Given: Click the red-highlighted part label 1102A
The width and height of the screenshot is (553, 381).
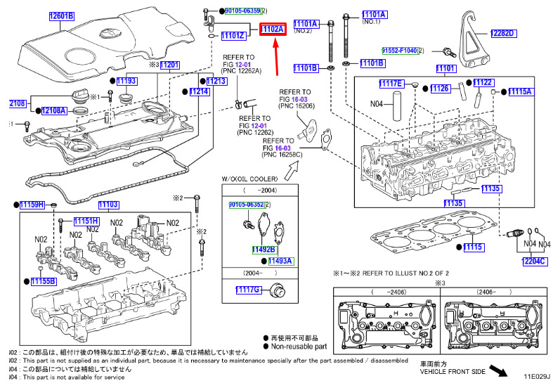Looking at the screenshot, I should click(x=272, y=30).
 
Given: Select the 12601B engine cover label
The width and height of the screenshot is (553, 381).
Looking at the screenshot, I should click(x=61, y=16).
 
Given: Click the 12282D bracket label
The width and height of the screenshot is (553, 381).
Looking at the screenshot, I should click(x=502, y=33).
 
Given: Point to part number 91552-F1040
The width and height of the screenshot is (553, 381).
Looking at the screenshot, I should click(x=399, y=51).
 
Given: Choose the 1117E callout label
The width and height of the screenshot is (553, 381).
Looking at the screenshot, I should click(x=391, y=84).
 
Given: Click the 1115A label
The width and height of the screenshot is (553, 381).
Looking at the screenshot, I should click(x=521, y=92).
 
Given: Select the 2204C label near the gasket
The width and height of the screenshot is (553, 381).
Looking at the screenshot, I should click(x=534, y=261).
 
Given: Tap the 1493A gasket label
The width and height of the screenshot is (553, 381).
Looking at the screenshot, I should click(x=280, y=261).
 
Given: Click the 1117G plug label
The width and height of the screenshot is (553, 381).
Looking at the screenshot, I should click(x=247, y=290).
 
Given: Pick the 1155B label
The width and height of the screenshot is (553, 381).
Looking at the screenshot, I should click(x=43, y=281).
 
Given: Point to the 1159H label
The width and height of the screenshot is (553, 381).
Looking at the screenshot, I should click(x=32, y=205).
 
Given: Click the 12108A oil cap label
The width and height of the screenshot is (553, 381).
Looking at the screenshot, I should click(x=53, y=110).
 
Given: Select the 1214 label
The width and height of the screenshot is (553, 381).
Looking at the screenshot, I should click(x=200, y=92).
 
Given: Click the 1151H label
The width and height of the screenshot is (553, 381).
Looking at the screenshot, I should click(x=86, y=221).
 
